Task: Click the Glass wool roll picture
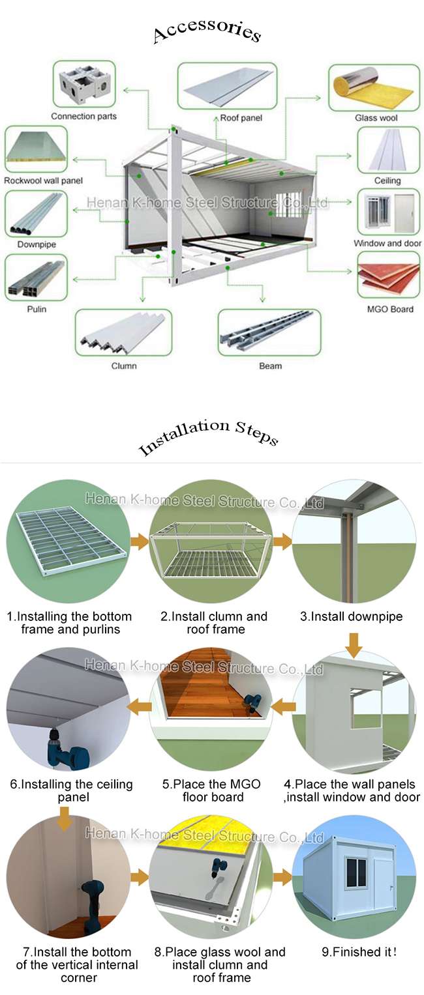[x=374, y=87]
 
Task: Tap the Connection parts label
[x=83, y=117]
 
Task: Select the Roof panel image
[x=227, y=86]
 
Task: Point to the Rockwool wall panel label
[x=43, y=180]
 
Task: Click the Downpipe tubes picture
[x=36, y=214]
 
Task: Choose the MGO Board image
[x=388, y=275]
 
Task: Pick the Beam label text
[x=270, y=366]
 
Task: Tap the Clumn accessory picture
[x=123, y=333]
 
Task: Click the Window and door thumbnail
[x=388, y=212]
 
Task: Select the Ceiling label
[x=387, y=180]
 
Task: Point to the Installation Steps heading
[x=209, y=437]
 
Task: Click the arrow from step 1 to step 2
[x=140, y=542]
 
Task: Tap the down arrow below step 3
[x=354, y=645]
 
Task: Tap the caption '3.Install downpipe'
[x=351, y=616]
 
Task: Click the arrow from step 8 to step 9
[x=282, y=877]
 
